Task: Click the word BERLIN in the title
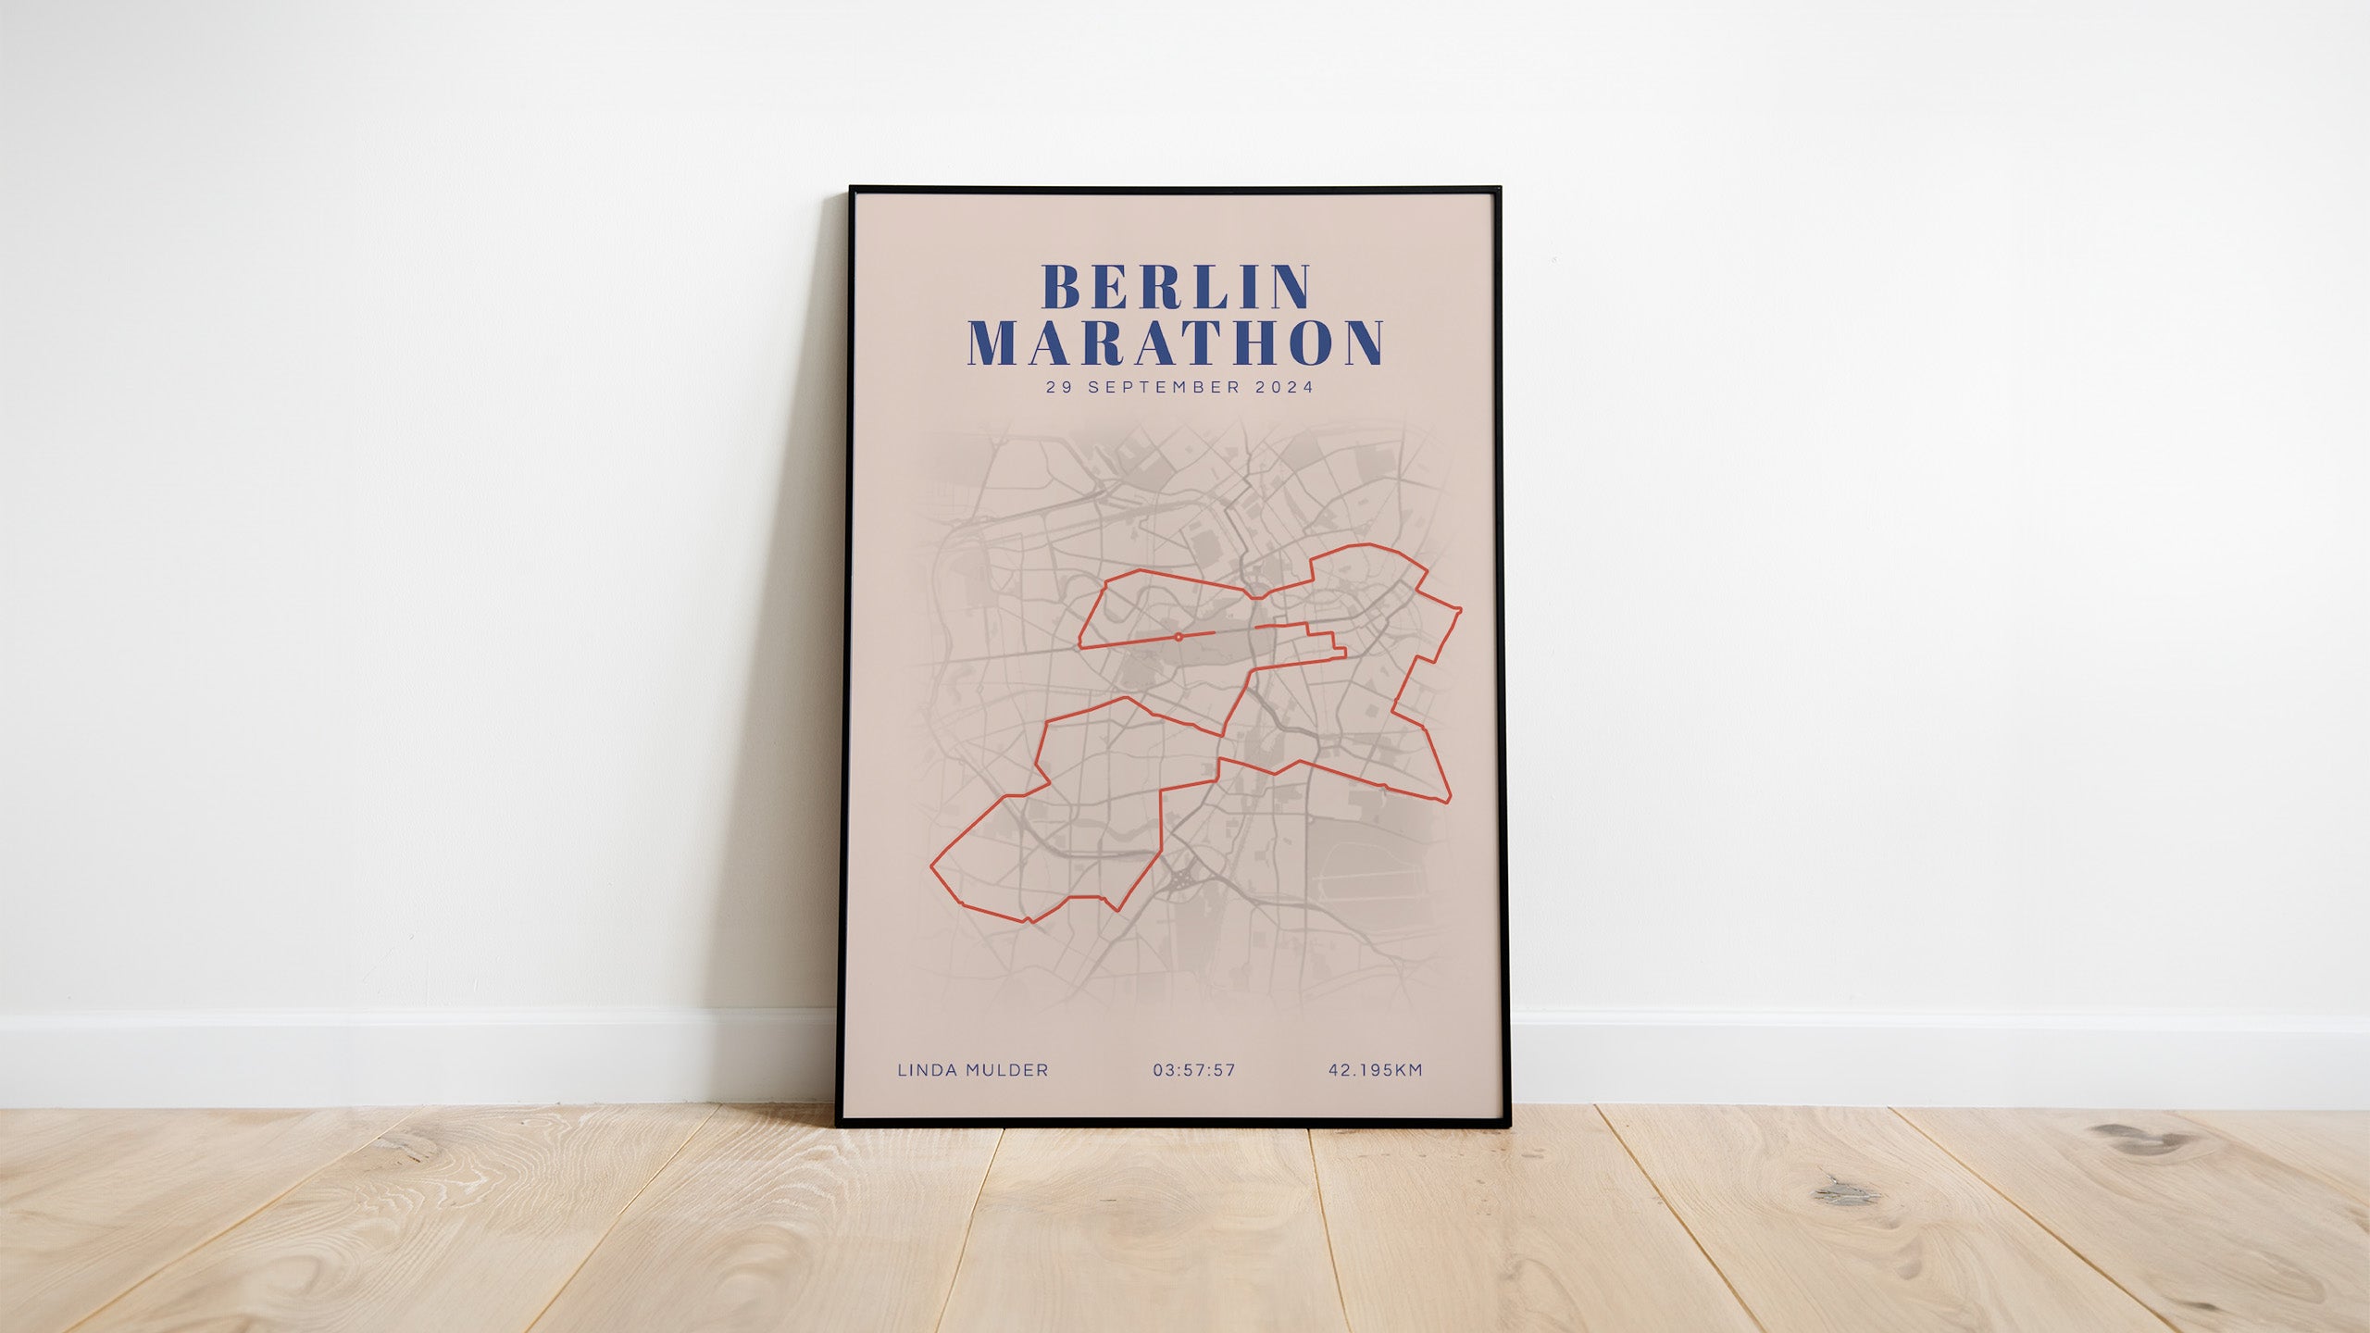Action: click(1176, 287)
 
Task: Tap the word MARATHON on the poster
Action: click(1176, 343)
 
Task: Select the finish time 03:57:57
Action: click(1194, 1070)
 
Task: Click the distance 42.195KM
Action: click(1376, 1070)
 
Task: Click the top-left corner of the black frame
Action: click(852, 189)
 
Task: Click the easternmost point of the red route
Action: click(1461, 611)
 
